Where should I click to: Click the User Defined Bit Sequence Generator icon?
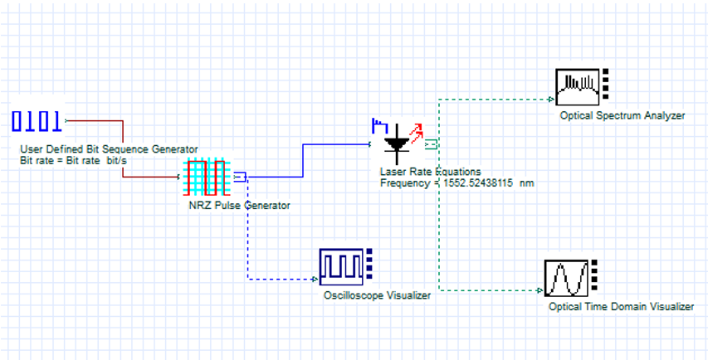click(37, 122)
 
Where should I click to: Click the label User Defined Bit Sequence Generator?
click(109, 149)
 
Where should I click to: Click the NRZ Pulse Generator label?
click(240, 205)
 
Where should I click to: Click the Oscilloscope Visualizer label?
click(377, 295)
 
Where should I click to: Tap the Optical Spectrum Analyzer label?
click(623, 115)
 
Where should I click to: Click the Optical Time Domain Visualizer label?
click(621, 307)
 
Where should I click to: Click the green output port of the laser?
click(431, 145)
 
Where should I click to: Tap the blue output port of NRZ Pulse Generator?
click(240, 176)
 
